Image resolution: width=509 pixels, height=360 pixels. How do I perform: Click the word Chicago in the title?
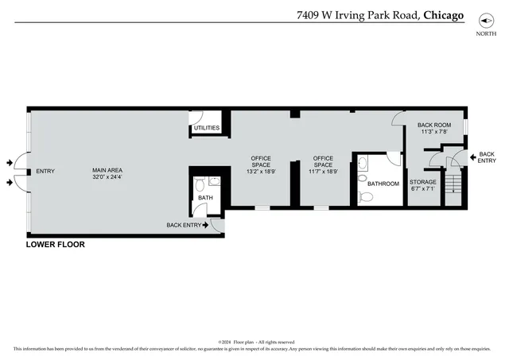point(444,14)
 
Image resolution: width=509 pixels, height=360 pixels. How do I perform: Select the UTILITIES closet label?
point(206,128)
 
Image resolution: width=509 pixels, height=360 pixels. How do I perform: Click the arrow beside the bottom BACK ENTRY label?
point(206,226)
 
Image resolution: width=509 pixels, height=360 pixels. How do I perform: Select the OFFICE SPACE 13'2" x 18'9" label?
point(261,165)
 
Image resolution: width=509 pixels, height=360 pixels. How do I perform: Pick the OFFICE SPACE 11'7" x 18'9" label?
point(322,165)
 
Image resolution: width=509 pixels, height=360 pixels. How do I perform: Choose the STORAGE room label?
point(422,182)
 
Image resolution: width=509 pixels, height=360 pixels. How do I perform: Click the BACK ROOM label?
point(433,126)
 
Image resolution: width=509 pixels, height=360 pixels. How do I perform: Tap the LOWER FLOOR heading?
point(55,245)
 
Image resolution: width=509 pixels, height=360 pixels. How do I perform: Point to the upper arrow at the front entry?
point(10,162)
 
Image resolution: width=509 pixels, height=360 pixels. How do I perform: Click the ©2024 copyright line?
point(255,342)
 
